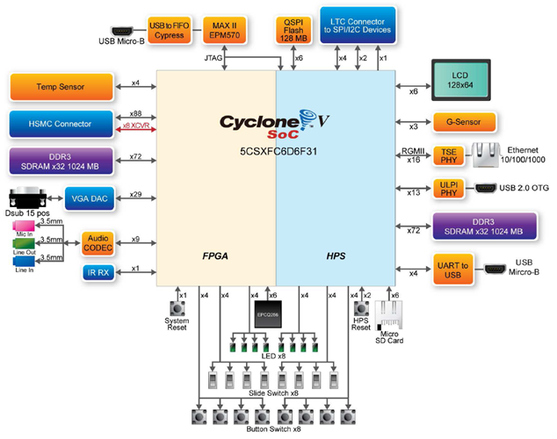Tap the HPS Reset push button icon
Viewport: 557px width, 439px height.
[x=360, y=309]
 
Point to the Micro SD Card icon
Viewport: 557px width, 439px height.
[x=389, y=314]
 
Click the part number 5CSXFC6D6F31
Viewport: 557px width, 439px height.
[x=277, y=151]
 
